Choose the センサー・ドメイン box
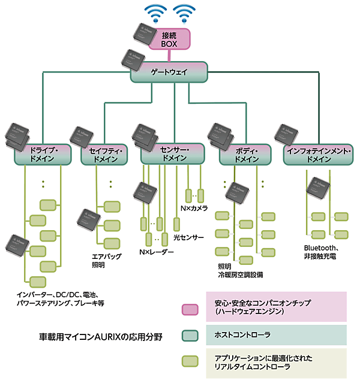click(173, 154)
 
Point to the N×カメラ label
click(194, 208)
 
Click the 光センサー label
click(188, 237)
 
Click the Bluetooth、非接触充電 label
click(320, 252)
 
